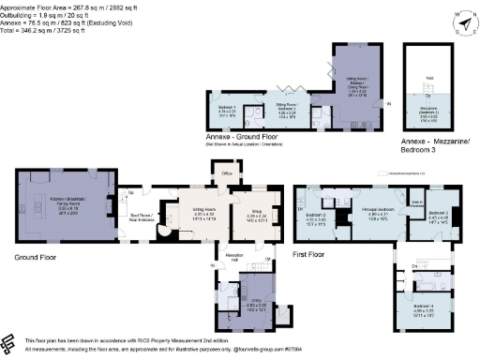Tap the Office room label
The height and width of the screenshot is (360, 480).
pyautogui.click(x=225, y=173)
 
